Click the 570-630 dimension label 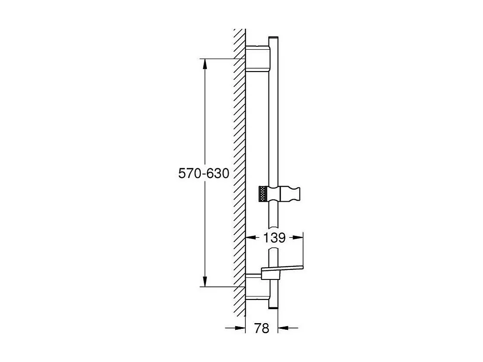click(204, 173)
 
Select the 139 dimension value click(275, 238)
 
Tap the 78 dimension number click(262, 328)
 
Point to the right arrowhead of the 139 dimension click(299, 238)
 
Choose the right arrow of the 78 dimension click(283, 328)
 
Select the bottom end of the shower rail click(273, 308)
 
